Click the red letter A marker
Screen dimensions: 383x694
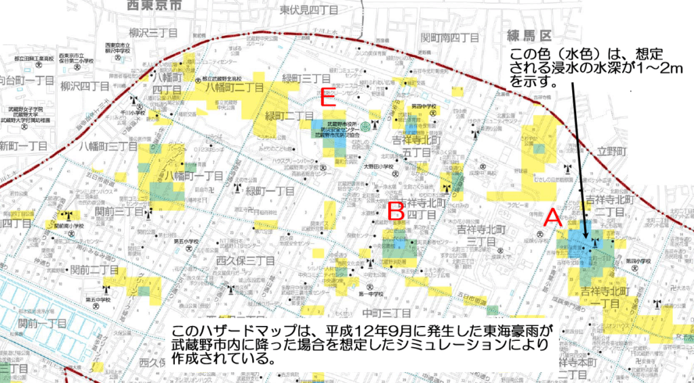click(553, 218)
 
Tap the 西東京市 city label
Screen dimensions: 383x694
click(155, 5)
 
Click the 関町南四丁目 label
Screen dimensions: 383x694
click(450, 38)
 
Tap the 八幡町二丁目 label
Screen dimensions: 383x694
click(235, 87)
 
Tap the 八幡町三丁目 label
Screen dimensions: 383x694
click(104, 146)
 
